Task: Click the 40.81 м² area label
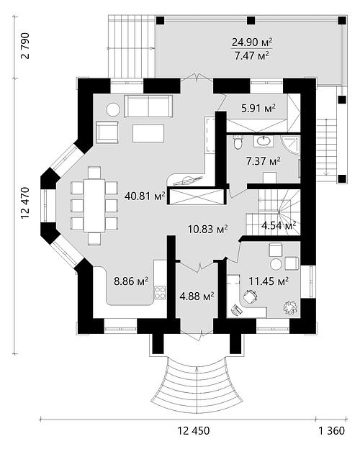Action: click(x=145, y=196)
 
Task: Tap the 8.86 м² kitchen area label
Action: click(x=131, y=281)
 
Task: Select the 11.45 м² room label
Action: click(x=269, y=281)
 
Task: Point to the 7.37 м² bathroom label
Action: click(x=263, y=161)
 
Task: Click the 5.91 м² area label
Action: click(x=258, y=109)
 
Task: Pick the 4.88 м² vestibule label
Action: click(x=197, y=296)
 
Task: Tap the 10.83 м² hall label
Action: click(x=208, y=229)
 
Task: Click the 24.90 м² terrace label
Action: click(x=252, y=42)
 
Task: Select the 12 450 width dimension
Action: click(x=194, y=430)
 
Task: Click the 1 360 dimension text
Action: click(x=332, y=430)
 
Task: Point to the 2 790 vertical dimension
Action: click(x=25, y=45)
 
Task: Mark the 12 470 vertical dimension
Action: click(x=25, y=203)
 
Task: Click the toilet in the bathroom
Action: click(x=238, y=142)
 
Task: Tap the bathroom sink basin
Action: click(x=264, y=141)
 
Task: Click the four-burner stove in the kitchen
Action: click(x=160, y=293)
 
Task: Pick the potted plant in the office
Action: click(x=291, y=308)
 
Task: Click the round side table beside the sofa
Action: click(x=113, y=109)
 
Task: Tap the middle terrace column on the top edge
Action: click(x=251, y=20)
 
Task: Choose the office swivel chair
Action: click(x=251, y=296)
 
